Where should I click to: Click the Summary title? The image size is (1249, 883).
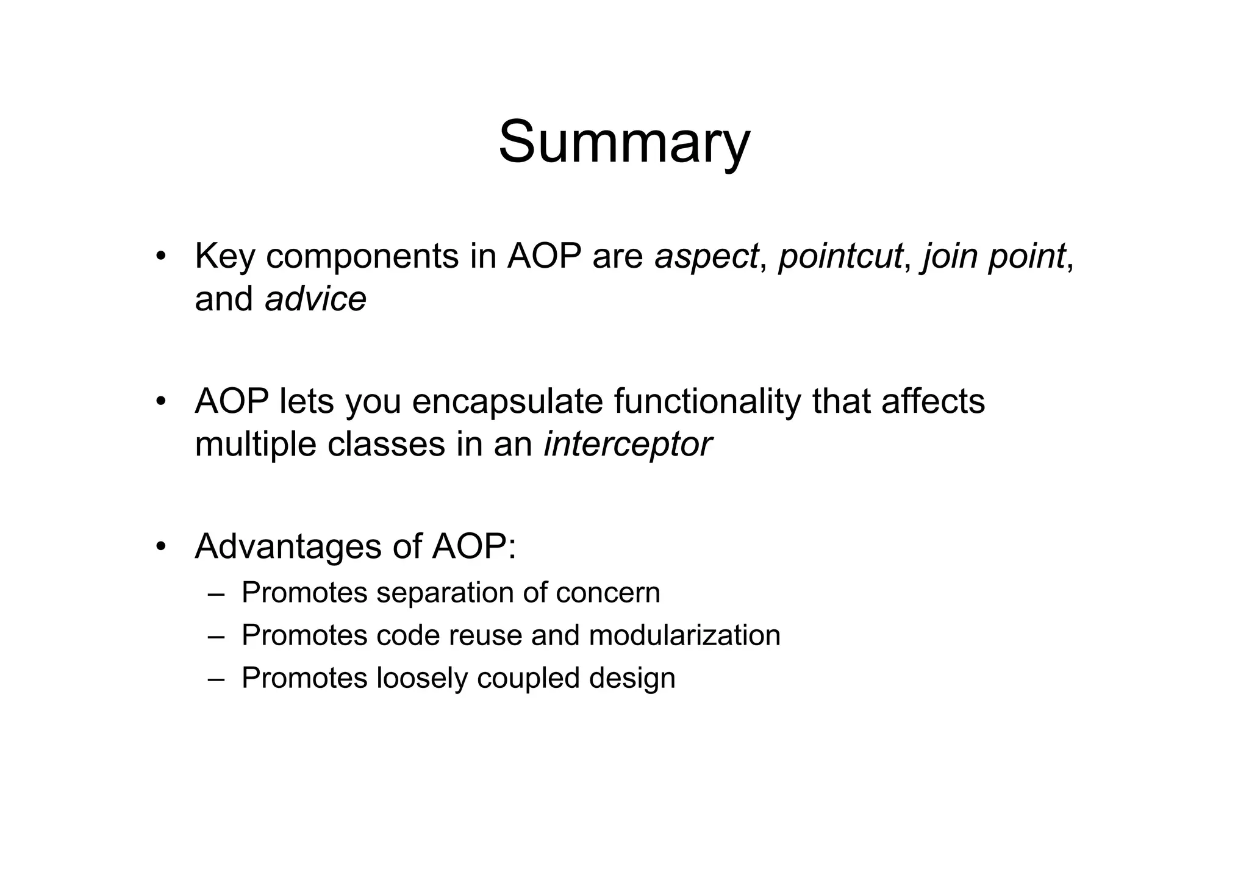click(624, 143)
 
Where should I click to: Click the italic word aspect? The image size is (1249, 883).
click(706, 256)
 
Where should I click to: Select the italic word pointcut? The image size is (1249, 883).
click(841, 256)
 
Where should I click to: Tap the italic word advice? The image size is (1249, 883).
click(315, 299)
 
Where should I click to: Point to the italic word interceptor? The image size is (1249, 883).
click(628, 444)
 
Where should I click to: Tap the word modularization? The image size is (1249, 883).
click(684, 635)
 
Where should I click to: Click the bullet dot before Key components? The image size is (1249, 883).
click(160, 256)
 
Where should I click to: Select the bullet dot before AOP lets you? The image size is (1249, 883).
click(160, 402)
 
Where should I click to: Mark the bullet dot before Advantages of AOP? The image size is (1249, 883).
click(160, 546)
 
